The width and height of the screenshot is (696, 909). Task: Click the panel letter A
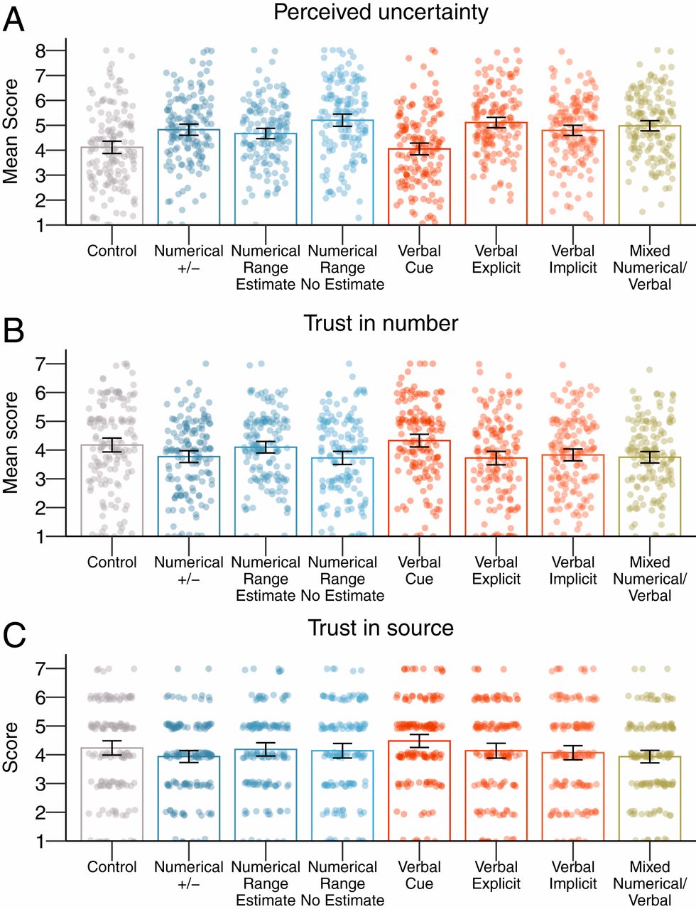tap(13, 19)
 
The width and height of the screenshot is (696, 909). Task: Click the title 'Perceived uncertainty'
tap(381, 12)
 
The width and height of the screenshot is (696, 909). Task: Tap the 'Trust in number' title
tap(381, 323)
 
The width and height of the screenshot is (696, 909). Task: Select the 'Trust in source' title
tap(381, 628)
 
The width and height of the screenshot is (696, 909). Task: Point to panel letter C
tap(15, 636)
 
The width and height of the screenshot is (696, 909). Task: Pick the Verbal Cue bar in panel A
tap(420, 187)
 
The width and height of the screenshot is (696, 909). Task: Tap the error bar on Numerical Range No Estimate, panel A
tap(343, 120)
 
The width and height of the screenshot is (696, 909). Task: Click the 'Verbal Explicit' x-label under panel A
tap(496, 259)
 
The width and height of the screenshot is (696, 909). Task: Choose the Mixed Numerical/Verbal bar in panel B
tap(650, 497)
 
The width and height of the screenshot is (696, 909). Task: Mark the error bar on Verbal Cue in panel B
tap(420, 440)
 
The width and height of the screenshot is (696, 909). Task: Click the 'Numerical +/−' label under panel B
tap(189, 570)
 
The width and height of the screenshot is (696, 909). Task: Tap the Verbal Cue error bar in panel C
tap(420, 741)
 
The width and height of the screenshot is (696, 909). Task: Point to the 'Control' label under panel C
tap(112, 867)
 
